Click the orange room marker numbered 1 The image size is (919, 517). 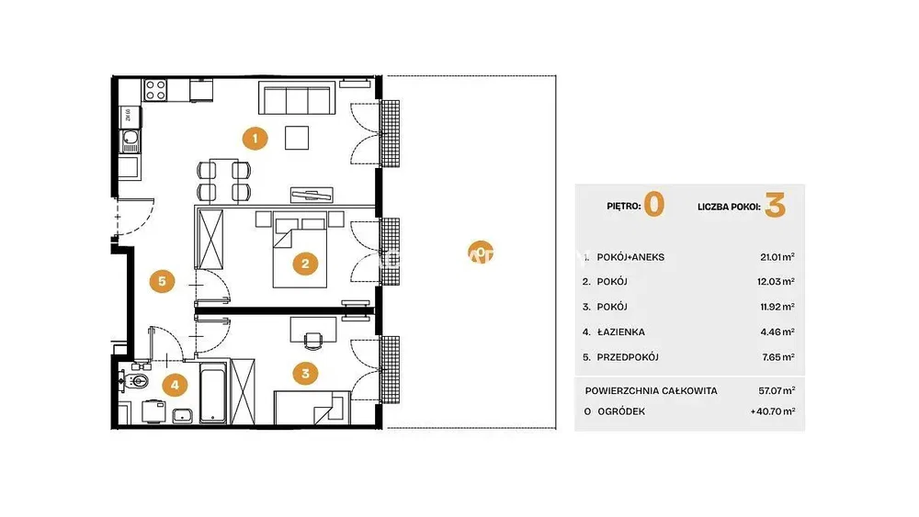[x=255, y=139]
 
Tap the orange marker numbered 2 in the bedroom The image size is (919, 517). [x=305, y=264]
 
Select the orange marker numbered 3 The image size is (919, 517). [x=305, y=373]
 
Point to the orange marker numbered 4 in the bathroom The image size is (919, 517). [x=175, y=385]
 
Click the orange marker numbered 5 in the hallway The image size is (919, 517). [x=162, y=281]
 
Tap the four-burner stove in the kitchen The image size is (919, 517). [x=155, y=90]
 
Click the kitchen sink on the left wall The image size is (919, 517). [x=130, y=141]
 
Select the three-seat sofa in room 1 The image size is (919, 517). [x=297, y=97]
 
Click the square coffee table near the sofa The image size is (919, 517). [x=297, y=138]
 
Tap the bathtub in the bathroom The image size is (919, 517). [x=213, y=393]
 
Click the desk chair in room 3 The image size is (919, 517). [x=313, y=341]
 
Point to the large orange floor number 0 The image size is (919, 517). [x=654, y=205]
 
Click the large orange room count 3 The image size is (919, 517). [x=775, y=206]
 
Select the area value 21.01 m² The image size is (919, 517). [x=777, y=257]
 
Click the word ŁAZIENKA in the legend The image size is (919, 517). [x=620, y=332]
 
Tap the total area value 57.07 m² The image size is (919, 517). [x=777, y=390]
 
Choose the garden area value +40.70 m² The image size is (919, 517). [x=773, y=411]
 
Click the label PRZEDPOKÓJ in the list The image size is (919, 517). [x=628, y=357]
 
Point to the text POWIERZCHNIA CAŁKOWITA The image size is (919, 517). [x=652, y=390]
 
